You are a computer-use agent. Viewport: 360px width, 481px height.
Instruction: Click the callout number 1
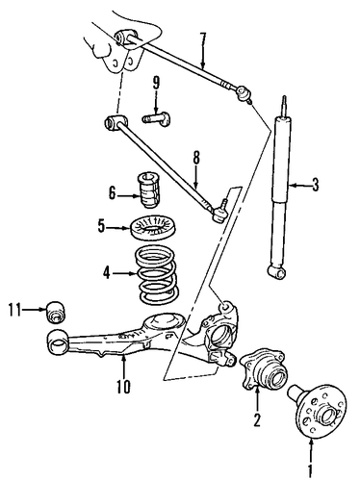coord(310,471)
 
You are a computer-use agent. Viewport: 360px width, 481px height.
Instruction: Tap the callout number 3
coord(316,185)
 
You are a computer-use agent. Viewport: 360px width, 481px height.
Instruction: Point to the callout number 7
coord(202,39)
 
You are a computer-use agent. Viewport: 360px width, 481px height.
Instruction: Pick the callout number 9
coord(156,84)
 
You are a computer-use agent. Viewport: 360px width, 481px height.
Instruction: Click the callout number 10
coord(123,387)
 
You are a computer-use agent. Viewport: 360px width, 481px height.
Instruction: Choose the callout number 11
coord(15,310)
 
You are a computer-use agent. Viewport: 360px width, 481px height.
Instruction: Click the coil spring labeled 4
coord(156,274)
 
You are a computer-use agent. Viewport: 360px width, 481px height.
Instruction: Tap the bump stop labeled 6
coord(149,190)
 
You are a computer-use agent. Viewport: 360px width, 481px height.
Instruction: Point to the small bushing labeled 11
coord(56,312)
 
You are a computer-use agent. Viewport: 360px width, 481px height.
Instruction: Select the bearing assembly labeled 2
coord(263,372)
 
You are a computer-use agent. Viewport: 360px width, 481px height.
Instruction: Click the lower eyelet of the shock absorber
coord(277,272)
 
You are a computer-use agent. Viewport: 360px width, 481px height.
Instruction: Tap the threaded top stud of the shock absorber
coord(284,106)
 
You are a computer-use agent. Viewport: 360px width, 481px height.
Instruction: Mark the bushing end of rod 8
coord(115,122)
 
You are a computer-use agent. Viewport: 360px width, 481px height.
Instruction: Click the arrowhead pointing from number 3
coord(292,186)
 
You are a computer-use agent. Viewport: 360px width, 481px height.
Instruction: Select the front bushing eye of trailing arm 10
coord(57,342)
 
